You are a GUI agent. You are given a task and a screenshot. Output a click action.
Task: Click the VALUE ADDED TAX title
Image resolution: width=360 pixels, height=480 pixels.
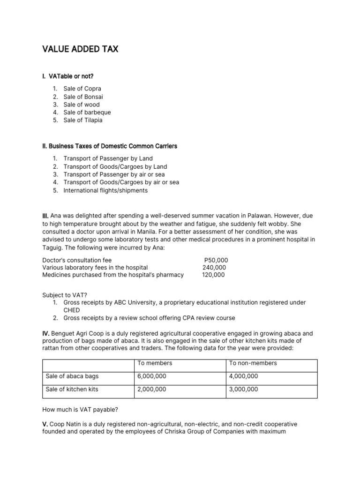(80, 49)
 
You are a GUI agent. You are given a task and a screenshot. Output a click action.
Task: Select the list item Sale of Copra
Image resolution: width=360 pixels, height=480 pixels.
(82, 89)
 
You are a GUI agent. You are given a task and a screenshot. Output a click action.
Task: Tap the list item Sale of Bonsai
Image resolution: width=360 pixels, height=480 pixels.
(83, 97)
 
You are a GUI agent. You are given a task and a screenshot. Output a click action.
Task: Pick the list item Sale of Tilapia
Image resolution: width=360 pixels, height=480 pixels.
(82, 120)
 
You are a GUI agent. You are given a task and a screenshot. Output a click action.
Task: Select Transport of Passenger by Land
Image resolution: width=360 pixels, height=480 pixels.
(108, 158)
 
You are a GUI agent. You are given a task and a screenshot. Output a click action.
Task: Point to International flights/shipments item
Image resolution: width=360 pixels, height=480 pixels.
(105, 190)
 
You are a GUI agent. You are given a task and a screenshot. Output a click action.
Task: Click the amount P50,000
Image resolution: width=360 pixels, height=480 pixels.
(216, 260)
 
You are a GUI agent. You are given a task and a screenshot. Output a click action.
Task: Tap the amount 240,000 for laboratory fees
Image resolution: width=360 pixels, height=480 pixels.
(214, 267)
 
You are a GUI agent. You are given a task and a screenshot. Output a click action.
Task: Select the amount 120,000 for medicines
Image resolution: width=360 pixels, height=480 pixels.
(213, 275)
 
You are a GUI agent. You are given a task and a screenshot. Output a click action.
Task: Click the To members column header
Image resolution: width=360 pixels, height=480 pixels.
(155, 363)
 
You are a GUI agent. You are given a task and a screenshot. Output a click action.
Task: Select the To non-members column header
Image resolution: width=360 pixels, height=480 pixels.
(253, 363)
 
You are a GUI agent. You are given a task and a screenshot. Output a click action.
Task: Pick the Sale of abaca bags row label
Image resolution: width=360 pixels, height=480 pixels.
(72, 376)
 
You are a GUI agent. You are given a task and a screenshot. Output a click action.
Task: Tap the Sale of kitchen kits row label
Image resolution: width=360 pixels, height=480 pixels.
(72, 390)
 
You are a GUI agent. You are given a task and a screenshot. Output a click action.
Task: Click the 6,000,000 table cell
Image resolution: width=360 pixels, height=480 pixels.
(151, 376)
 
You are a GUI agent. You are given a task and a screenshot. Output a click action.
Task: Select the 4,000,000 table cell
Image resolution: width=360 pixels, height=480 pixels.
(243, 376)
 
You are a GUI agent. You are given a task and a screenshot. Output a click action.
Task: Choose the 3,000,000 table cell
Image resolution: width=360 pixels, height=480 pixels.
(243, 390)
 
